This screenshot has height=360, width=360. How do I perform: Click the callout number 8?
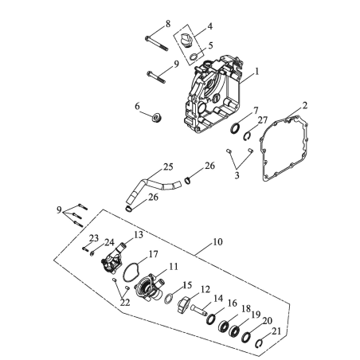(168, 24)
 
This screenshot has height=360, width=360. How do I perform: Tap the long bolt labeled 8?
(157, 43)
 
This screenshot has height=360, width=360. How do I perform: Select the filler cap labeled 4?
(185, 41)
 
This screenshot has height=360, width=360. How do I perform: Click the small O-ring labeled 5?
(194, 57)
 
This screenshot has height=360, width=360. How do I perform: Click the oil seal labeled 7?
(234, 128)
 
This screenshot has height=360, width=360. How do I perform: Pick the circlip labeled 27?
(247, 136)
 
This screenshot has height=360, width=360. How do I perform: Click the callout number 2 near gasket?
(305, 105)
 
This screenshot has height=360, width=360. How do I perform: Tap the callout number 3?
(237, 175)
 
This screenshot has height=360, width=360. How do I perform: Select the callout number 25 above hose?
(168, 166)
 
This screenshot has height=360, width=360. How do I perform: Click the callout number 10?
(217, 242)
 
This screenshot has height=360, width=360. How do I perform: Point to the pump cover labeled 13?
(113, 261)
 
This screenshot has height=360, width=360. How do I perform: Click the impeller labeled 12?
(183, 305)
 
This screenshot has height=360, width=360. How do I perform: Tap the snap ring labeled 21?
(259, 344)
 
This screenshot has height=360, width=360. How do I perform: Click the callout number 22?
(125, 302)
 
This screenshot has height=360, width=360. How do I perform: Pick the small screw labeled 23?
(85, 248)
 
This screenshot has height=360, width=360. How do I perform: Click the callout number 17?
(153, 254)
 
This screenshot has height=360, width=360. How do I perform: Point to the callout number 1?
(256, 71)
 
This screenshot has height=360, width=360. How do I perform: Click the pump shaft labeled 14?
(198, 310)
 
